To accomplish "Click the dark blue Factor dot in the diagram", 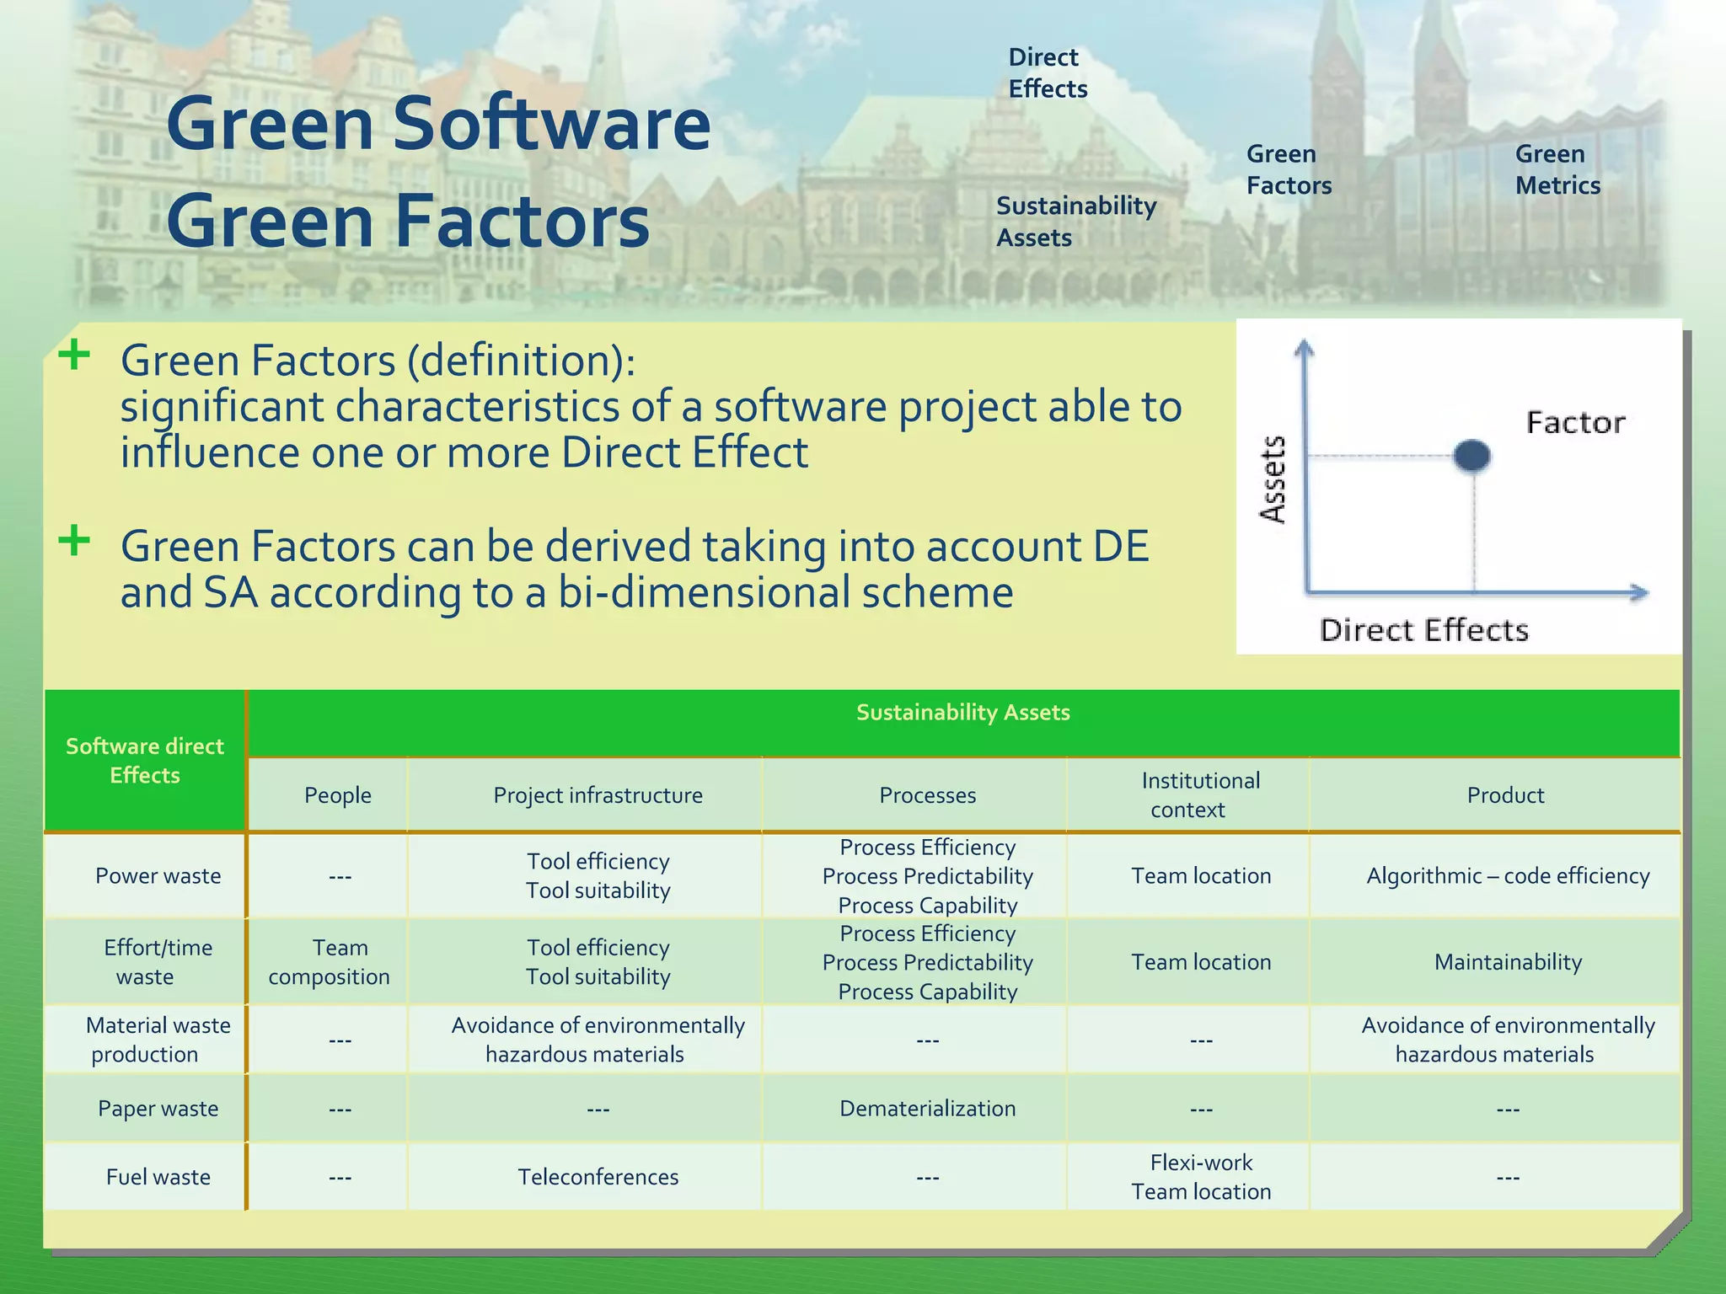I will [1472, 456].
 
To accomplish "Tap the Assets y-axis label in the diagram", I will [1273, 479].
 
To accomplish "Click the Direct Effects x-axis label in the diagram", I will [1423, 630].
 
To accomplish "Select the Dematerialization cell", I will [927, 1109].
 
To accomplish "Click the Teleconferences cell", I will [598, 1177].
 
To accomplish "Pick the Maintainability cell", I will [1508, 962].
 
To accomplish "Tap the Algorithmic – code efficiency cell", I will [1508, 876].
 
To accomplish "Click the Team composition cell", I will [330, 962].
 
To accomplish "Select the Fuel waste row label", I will [158, 1177].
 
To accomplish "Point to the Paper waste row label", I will [158, 1109].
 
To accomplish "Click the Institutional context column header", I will [1200, 794].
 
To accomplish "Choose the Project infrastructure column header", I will [598, 795].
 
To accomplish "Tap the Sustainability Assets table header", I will [962, 713].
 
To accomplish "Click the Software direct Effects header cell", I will [144, 761].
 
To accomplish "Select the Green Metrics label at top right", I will [1557, 169].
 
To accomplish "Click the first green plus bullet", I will [74, 355].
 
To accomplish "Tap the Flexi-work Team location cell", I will [1201, 1177].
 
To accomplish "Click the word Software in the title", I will [551, 125].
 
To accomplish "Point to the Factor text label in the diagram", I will [1575, 422].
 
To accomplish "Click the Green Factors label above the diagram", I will [1289, 169].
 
